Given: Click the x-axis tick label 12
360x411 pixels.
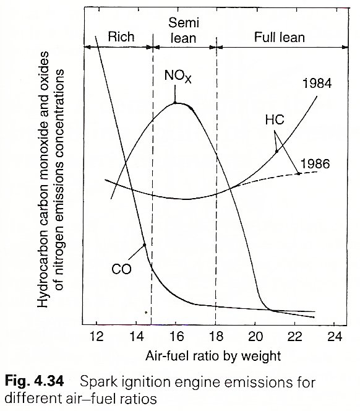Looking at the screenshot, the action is (96, 336).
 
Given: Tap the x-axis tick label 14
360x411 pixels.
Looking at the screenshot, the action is (136, 336).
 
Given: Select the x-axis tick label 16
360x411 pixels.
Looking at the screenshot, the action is (176, 336).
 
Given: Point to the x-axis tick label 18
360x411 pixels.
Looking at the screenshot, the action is (216, 336).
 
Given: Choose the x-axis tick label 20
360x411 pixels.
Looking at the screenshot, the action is (255, 336).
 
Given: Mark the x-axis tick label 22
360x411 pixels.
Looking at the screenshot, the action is (295, 336).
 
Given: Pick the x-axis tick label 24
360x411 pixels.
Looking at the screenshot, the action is (335, 336).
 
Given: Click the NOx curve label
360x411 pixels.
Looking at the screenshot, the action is (178, 76).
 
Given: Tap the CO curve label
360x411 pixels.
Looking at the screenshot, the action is (121, 269).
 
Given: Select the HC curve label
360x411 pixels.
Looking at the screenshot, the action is (275, 120).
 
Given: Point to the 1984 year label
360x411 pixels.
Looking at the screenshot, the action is (317, 84).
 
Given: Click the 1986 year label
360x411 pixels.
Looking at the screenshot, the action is (315, 164).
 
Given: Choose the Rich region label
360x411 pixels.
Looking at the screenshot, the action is (121, 37).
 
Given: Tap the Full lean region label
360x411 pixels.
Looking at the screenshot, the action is (280, 37).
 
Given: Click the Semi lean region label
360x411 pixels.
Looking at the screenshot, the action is (184, 30).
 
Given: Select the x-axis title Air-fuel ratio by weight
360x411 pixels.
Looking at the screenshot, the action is (213, 356).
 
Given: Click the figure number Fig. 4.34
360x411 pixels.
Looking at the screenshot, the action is (34, 381).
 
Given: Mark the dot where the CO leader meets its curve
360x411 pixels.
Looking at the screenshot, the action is (144, 245).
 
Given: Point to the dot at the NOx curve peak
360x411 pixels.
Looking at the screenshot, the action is (175, 103).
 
